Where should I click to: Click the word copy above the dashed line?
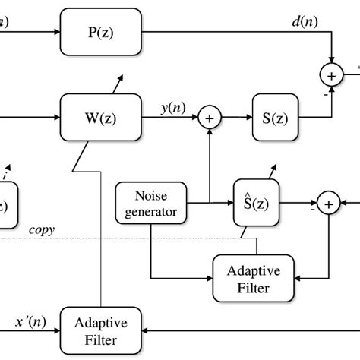click(x=43, y=229)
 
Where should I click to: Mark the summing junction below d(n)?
click(x=332, y=75)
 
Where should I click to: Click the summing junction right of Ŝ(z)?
click(x=328, y=203)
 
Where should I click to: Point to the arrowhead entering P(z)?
click(x=56, y=31)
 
